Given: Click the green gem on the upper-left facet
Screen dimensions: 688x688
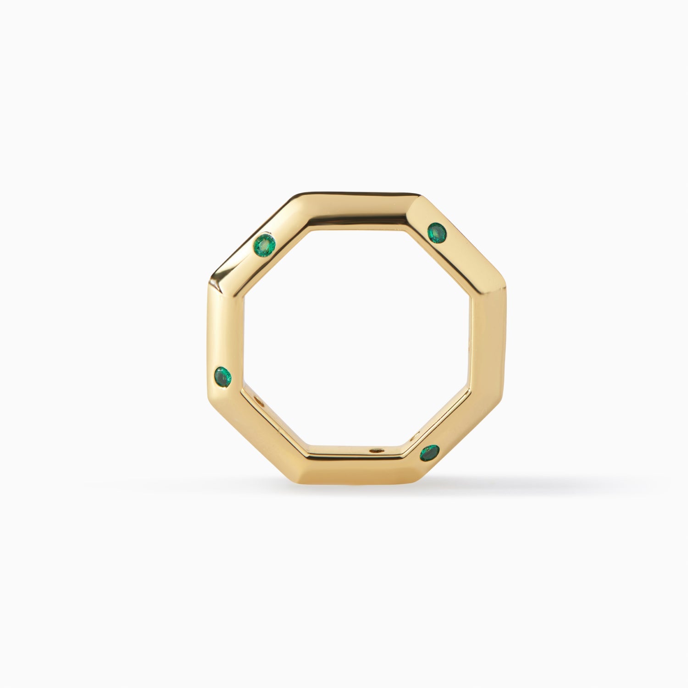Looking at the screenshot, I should click(x=265, y=244).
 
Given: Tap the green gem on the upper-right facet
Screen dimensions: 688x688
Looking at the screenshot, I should click(x=437, y=233).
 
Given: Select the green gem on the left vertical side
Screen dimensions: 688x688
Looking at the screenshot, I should click(x=223, y=377).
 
